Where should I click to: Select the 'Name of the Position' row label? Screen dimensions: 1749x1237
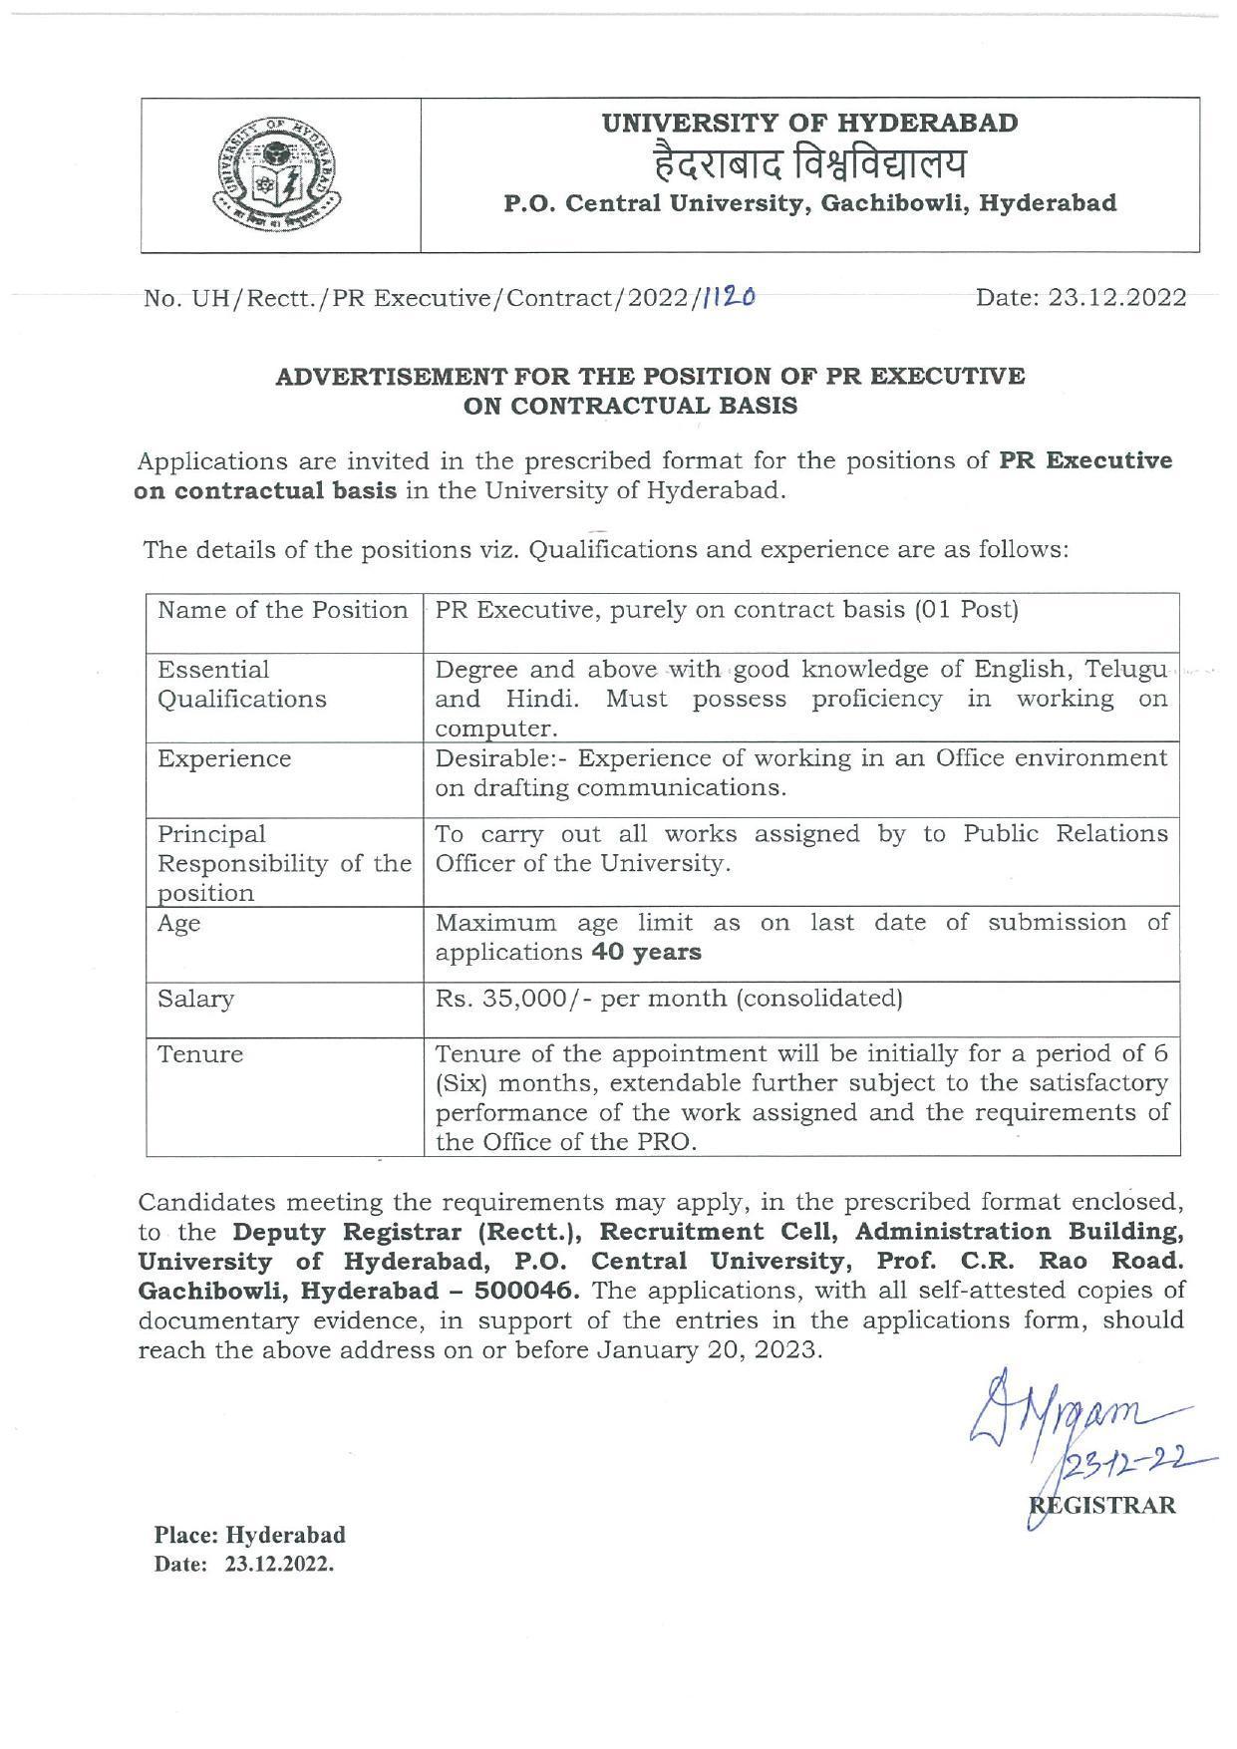[x=283, y=610]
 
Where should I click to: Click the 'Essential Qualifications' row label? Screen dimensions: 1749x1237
[x=242, y=684]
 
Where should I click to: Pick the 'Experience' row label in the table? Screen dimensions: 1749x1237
[x=224, y=758]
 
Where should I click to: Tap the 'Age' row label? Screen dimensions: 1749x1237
[x=178, y=923]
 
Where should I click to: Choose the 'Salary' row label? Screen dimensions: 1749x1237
[x=195, y=999]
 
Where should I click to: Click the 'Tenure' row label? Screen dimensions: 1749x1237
[x=200, y=1054]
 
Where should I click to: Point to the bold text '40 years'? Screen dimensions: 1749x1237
[x=646, y=952]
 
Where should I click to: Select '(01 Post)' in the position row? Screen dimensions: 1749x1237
[x=966, y=609]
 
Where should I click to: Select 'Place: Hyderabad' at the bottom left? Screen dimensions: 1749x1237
[x=249, y=1534]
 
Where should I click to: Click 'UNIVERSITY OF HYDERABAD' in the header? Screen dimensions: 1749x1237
[x=809, y=123]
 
